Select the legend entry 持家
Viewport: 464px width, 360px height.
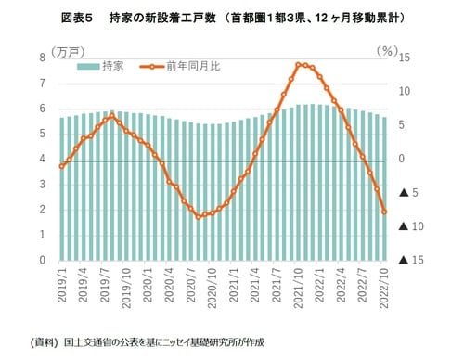click(111, 66)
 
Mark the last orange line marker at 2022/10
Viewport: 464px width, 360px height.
click(384, 212)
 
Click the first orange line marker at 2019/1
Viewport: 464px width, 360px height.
click(61, 166)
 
